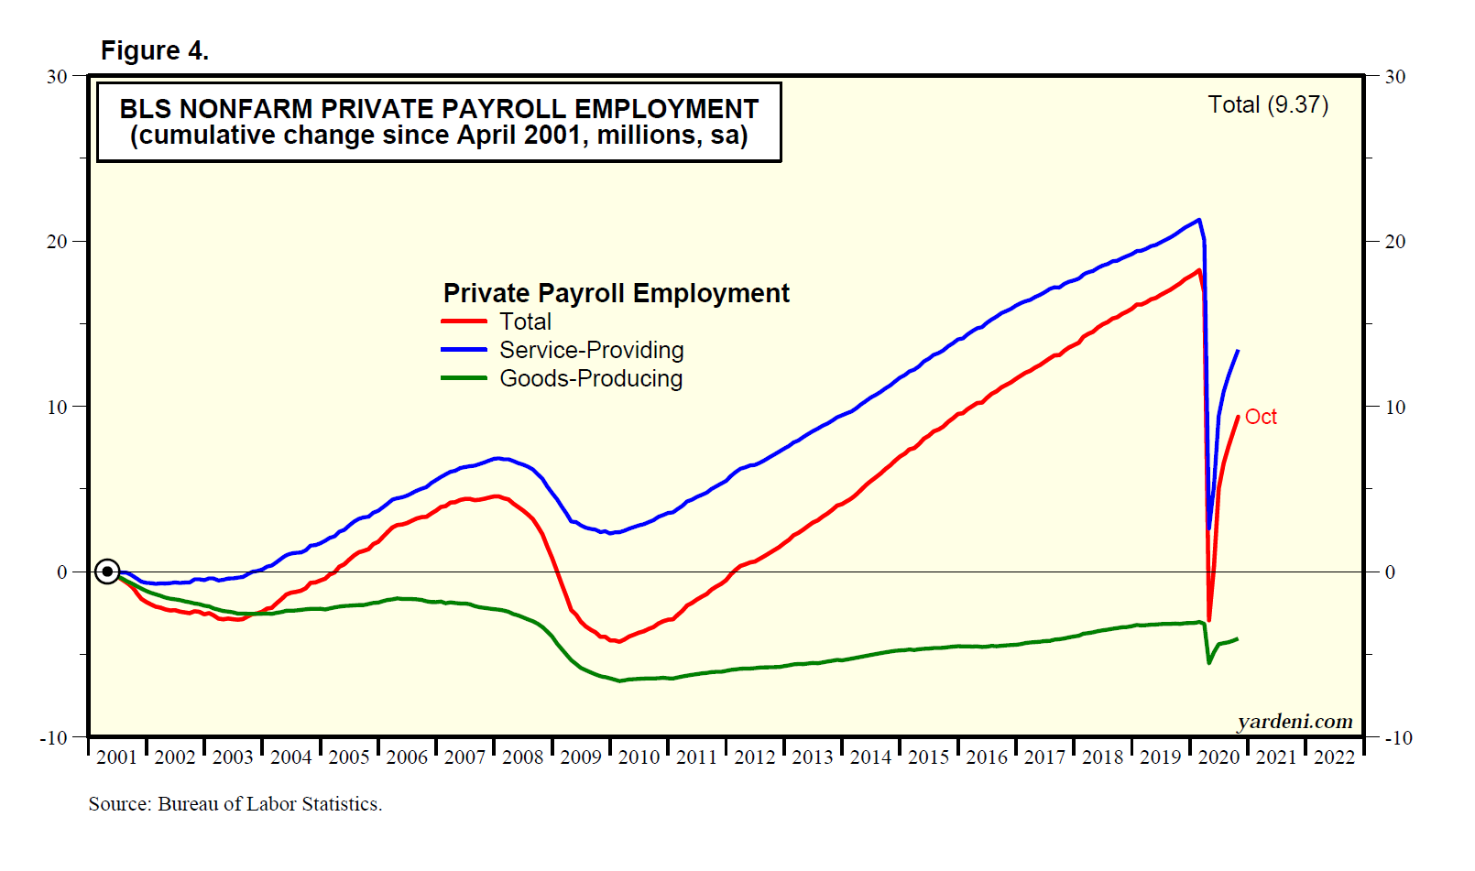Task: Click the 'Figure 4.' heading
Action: [x=154, y=50]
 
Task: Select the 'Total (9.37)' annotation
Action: [x=1268, y=104]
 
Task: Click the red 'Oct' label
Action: [x=1261, y=417]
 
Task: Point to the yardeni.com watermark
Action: [x=1295, y=722]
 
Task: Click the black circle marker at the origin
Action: [x=107, y=572]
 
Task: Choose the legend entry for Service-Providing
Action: [x=591, y=350]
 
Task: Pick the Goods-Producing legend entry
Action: [x=591, y=378]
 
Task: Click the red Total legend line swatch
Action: [x=464, y=321]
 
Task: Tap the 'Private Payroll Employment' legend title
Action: [x=616, y=293]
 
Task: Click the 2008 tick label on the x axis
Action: [x=522, y=757]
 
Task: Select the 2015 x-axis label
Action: [x=928, y=757]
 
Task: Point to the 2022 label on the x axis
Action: [x=1334, y=757]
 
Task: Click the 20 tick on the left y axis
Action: [x=57, y=242]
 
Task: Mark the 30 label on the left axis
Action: [x=57, y=77]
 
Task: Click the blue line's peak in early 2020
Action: [x=1199, y=220]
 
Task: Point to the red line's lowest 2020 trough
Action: [x=1209, y=621]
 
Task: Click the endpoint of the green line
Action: [x=1238, y=638]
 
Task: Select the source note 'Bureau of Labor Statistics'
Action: [x=269, y=804]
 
